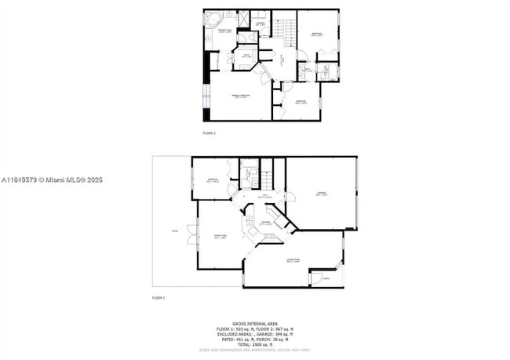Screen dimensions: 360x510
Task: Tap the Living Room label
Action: click(293, 261)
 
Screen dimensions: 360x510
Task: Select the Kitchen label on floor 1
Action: click(266, 224)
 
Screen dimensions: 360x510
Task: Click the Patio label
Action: click(173, 230)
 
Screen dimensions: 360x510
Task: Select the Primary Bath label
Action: click(224, 31)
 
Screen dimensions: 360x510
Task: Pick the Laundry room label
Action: click(260, 24)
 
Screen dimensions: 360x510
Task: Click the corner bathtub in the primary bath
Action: click(211, 18)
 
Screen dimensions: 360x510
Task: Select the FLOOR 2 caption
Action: click(209, 133)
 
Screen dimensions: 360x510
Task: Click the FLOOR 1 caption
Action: click(158, 298)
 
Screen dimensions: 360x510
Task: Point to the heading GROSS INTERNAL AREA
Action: click(255, 322)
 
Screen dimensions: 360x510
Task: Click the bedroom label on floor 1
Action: click(213, 180)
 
